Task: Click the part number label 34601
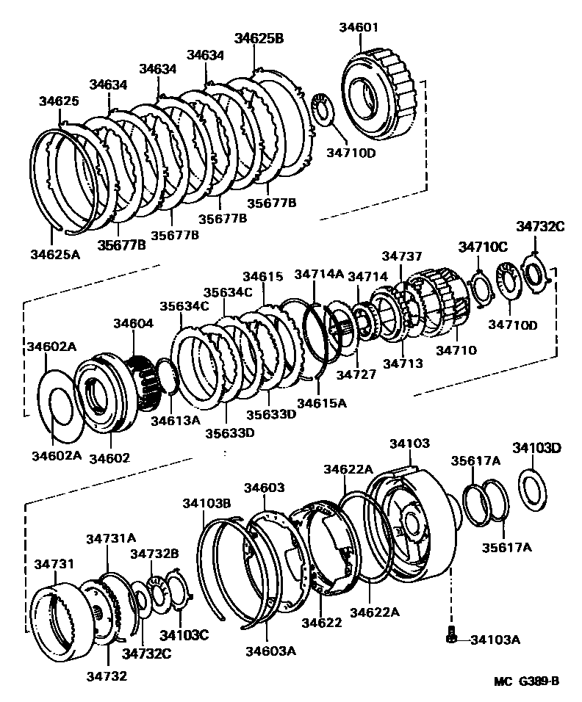click(x=359, y=27)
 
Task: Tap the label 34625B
click(x=259, y=39)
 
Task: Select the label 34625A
click(x=54, y=254)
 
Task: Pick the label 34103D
click(x=536, y=448)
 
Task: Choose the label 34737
click(x=402, y=256)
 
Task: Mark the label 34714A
click(x=319, y=274)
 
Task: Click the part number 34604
click(x=133, y=323)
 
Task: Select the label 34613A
click(x=176, y=420)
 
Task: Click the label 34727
click(x=356, y=374)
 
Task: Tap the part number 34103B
click(x=206, y=502)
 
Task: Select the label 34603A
click(x=270, y=650)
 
